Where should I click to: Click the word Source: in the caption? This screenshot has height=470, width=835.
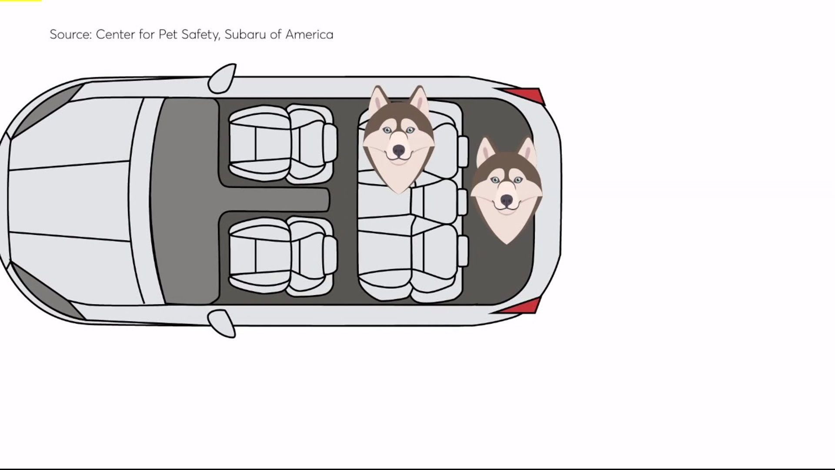click(x=70, y=34)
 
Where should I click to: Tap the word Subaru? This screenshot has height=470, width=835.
click(x=245, y=34)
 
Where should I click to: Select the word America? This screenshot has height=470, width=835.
click(x=309, y=34)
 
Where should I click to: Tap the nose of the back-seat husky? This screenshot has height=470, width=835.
click(x=398, y=151)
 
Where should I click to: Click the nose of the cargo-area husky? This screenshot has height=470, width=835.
click(x=506, y=200)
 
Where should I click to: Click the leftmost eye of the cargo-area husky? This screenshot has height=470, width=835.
click(x=495, y=180)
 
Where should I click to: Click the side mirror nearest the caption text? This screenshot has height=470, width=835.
click(x=222, y=78)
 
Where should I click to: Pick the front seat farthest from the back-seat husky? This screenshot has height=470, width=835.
click(x=283, y=257)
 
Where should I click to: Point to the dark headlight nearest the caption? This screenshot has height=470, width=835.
click(x=48, y=109)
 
